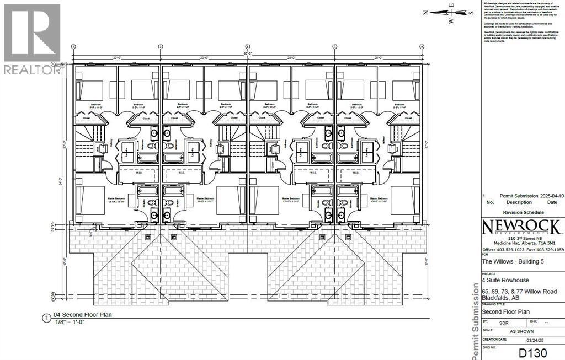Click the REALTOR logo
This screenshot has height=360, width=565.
(31, 39)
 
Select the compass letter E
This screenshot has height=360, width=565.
(451, 4)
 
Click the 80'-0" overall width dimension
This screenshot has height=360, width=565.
(247, 53)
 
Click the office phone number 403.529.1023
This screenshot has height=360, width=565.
(508, 249)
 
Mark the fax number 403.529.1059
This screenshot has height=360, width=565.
(548, 249)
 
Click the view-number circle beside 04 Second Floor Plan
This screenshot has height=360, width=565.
(45, 318)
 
